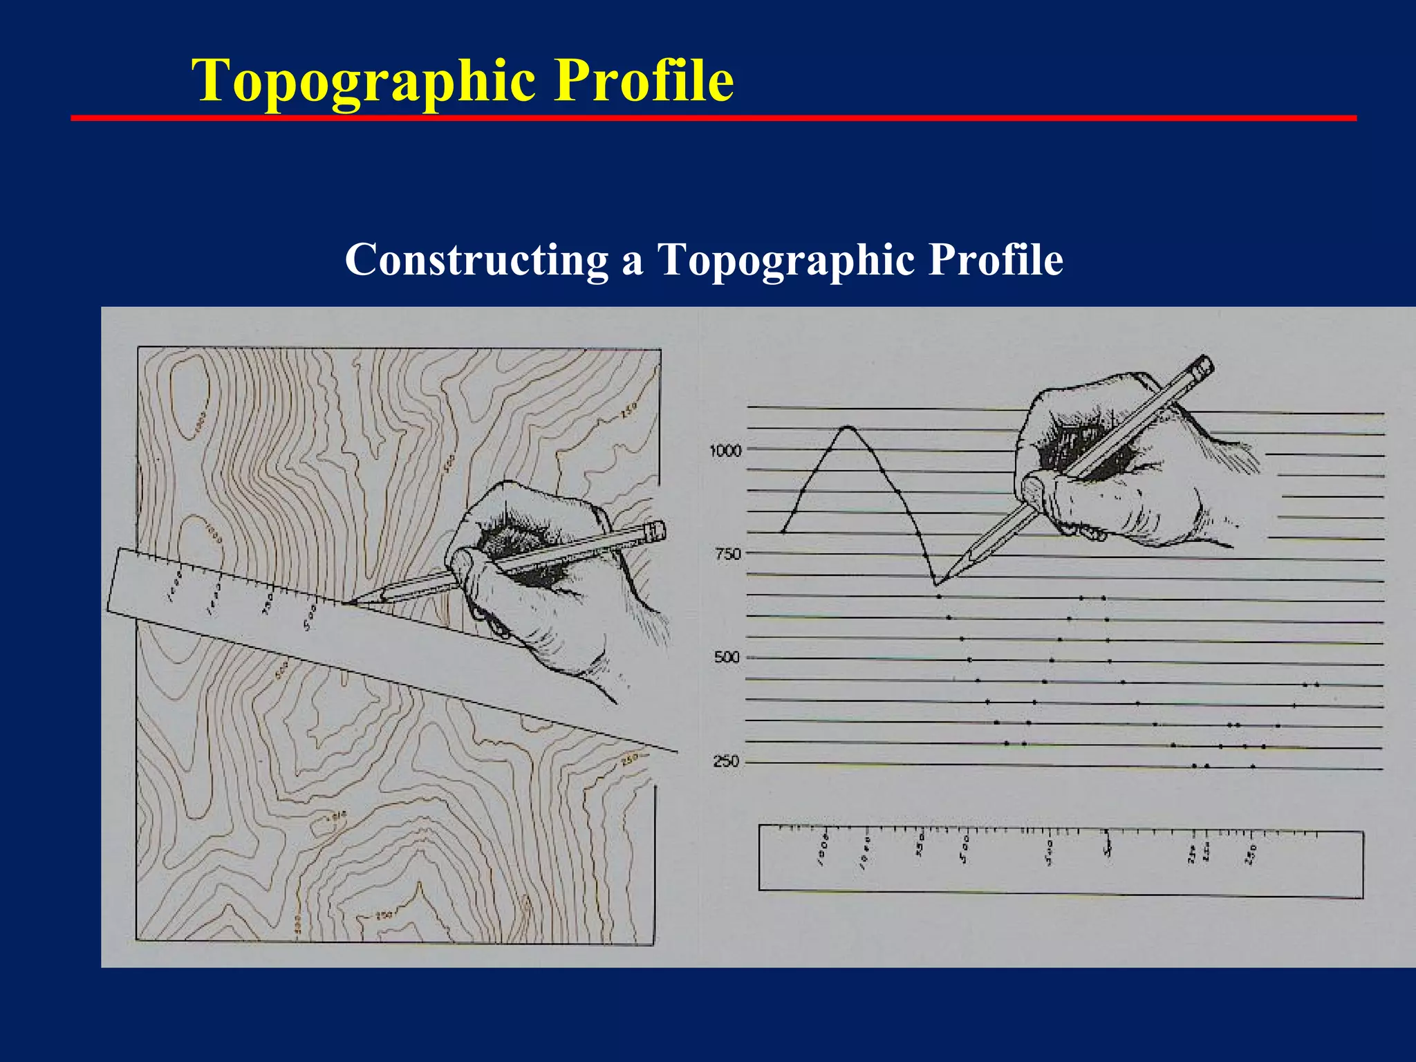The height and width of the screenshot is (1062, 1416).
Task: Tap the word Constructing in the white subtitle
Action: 476,260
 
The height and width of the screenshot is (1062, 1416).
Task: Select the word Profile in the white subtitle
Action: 996,260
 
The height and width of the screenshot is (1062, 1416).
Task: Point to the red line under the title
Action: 712,118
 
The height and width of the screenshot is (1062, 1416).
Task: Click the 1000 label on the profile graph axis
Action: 725,451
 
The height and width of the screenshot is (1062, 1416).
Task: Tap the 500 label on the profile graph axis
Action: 727,658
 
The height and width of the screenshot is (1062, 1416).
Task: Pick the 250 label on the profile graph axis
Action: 726,762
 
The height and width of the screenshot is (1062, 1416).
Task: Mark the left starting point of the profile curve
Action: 783,532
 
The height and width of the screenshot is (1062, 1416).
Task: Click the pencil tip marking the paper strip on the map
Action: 346,603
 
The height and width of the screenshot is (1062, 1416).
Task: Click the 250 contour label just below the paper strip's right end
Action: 630,760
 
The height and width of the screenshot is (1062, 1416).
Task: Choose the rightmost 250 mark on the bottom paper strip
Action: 1253,853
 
